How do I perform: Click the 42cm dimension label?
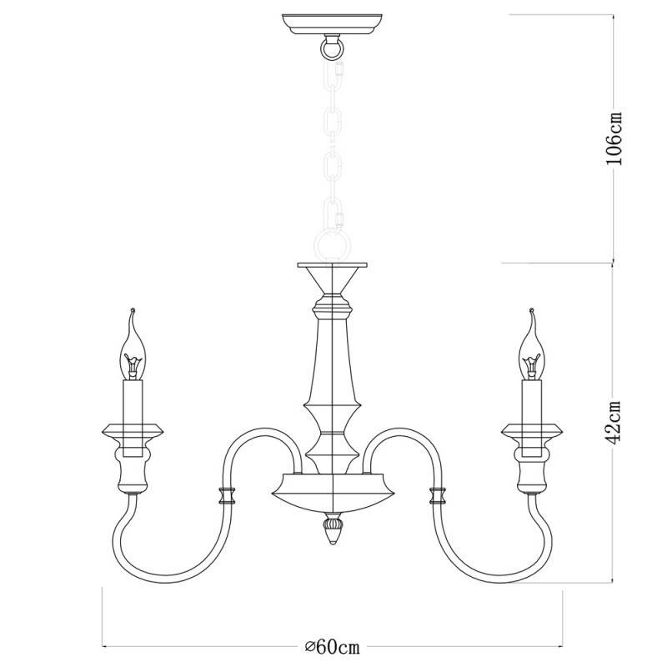click(614, 424)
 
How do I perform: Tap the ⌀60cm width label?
click(333, 646)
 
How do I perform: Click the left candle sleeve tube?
click(133, 404)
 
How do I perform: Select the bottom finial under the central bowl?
click(332, 529)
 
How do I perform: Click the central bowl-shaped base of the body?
click(332, 487)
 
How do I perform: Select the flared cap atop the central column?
click(332, 275)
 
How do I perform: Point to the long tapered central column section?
click(332, 359)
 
